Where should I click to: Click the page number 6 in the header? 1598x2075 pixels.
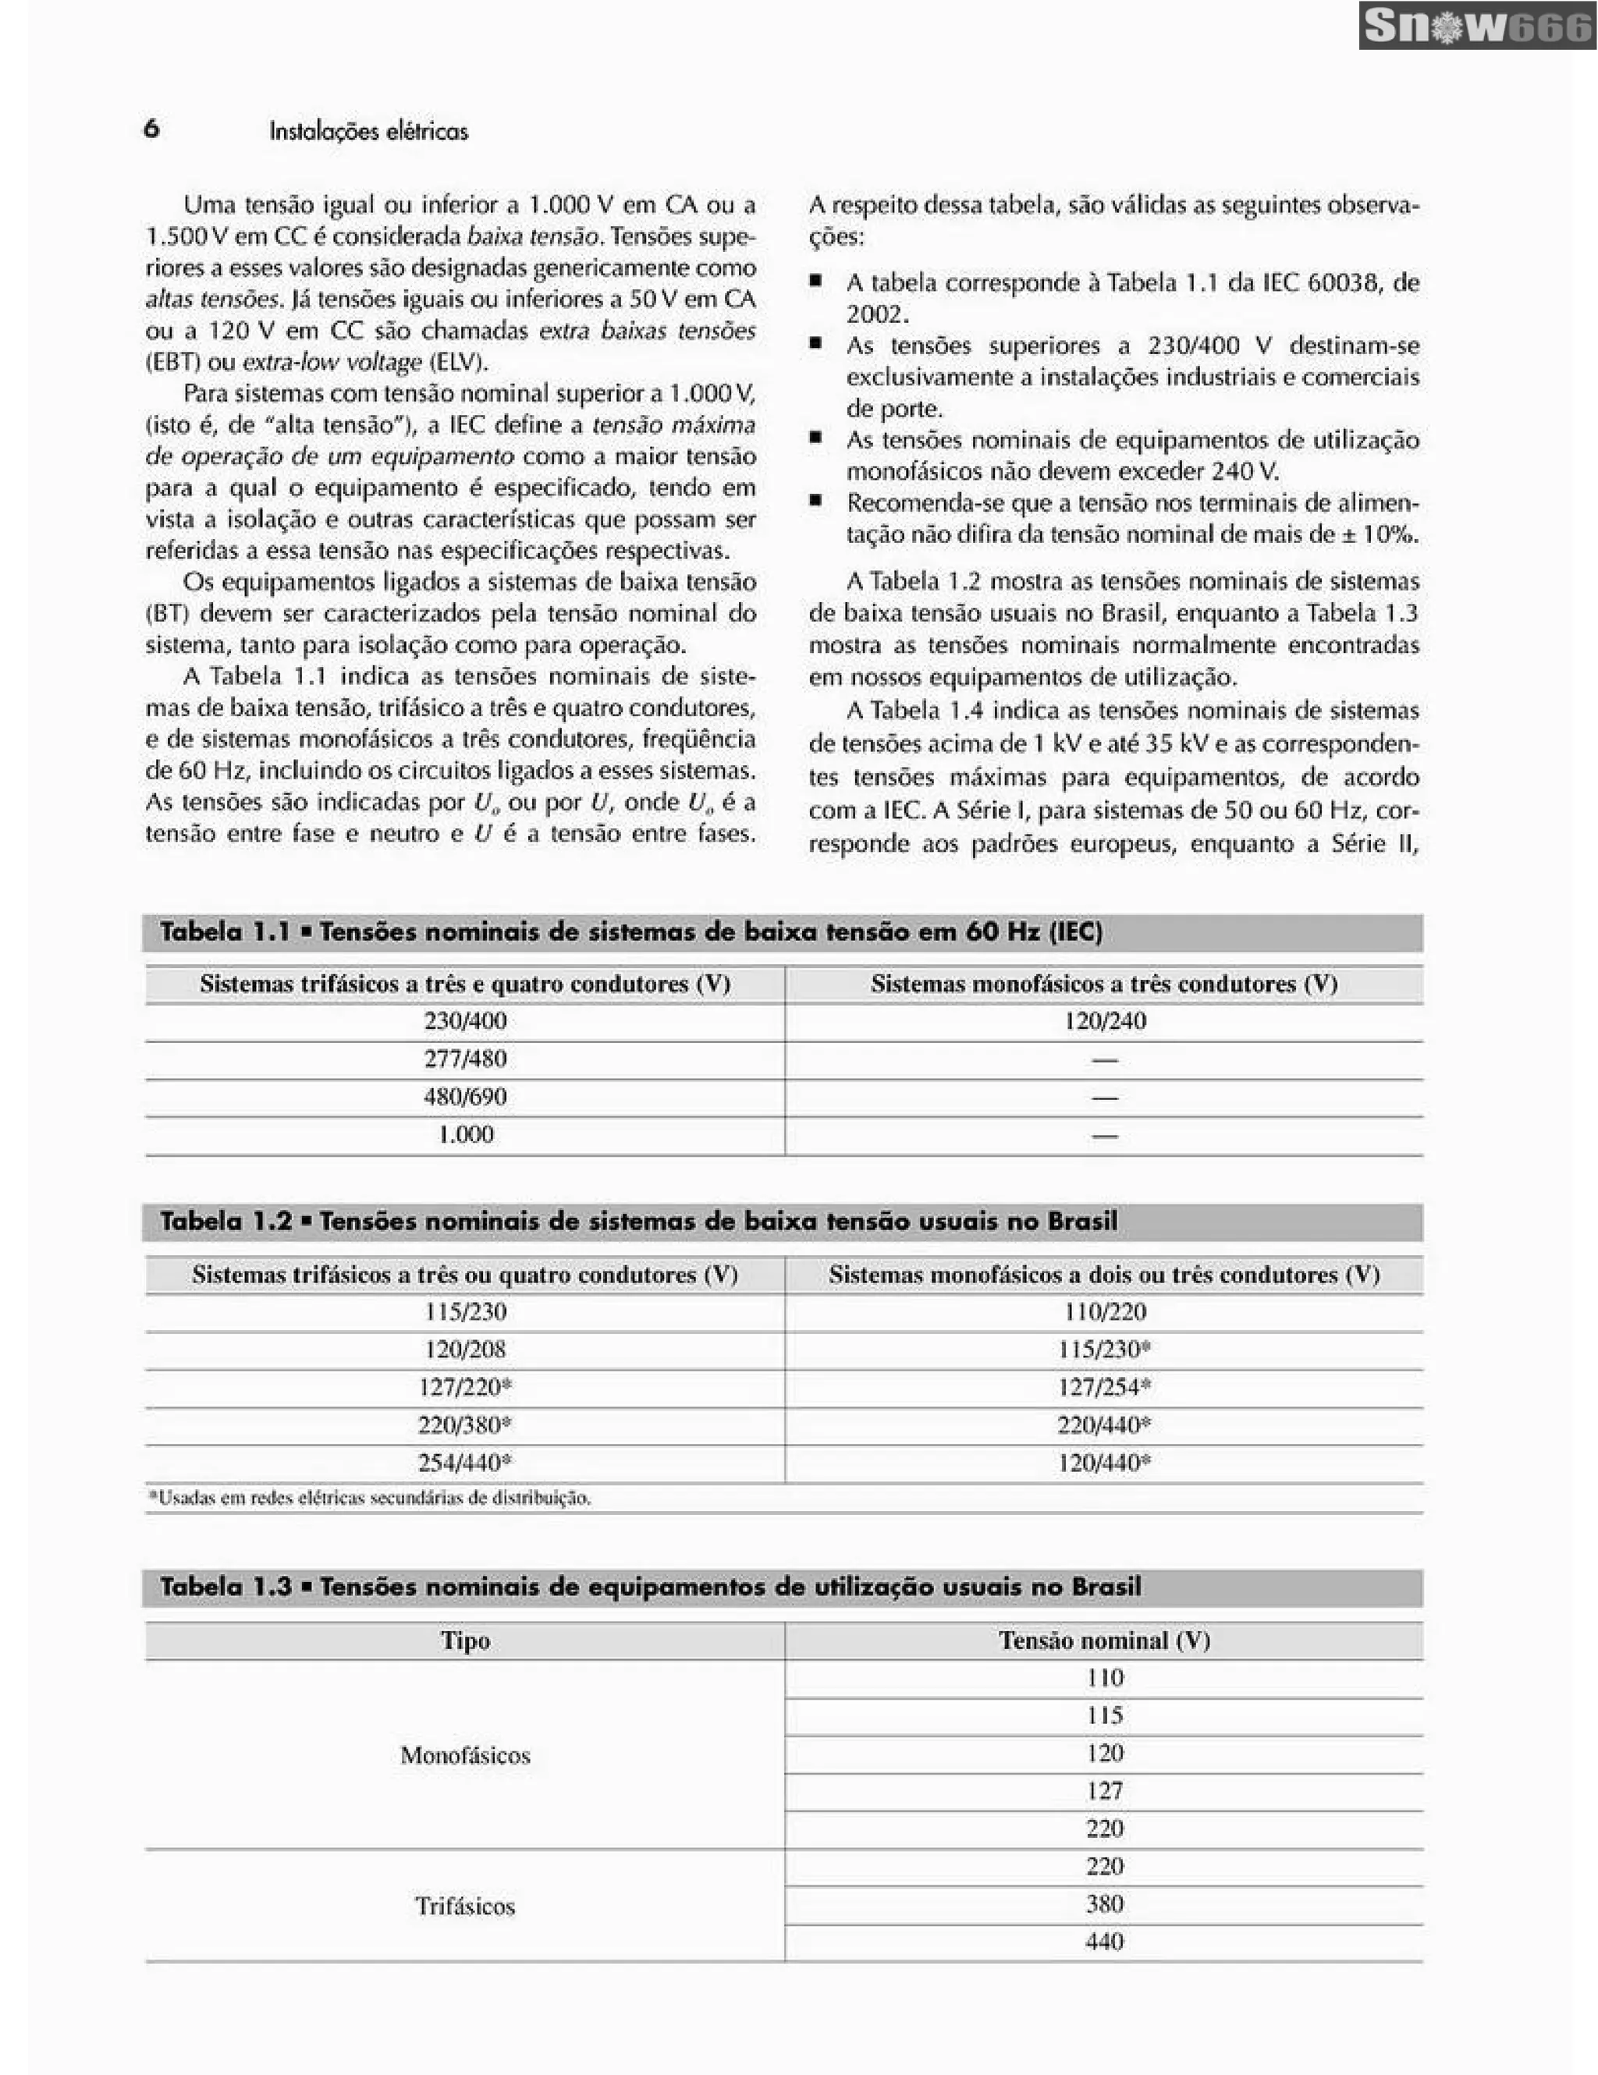tap(151, 129)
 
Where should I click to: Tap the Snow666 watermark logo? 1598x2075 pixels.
tap(1477, 26)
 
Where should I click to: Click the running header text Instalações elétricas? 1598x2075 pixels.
tap(368, 131)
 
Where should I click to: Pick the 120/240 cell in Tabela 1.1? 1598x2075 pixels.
tap(1104, 1021)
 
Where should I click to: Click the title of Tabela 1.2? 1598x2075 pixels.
tap(638, 1221)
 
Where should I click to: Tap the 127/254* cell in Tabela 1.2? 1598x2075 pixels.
tap(1104, 1387)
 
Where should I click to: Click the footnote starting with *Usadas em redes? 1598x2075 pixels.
tap(370, 1499)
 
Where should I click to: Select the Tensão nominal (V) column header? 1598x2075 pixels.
tap(1104, 1640)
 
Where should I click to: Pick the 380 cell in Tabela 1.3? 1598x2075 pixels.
tap(1104, 1904)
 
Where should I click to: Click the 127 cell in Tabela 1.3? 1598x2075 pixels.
tap(1104, 1791)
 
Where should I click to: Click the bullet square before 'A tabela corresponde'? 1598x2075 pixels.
tap(815, 282)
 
